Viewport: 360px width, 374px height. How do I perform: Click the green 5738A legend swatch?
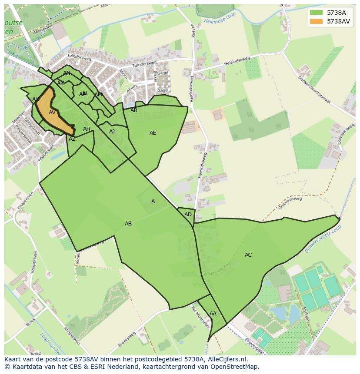click(316, 13)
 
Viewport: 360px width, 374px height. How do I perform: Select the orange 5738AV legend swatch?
click(316, 21)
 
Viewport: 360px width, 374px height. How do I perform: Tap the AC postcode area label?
click(248, 255)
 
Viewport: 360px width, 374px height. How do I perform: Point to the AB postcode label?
click(128, 224)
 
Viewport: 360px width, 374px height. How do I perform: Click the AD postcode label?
click(188, 215)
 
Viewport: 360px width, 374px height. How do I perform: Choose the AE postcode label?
click(153, 133)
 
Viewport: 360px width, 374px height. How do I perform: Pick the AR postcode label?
click(134, 110)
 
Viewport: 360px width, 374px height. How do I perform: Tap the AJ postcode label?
click(112, 132)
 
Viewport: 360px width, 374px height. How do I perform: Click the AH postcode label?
click(87, 129)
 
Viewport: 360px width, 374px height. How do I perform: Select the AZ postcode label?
click(72, 139)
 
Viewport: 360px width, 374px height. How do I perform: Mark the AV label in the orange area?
click(52, 113)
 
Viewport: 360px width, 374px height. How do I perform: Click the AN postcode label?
click(67, 73)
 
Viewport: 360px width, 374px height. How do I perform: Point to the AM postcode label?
click(98, 95)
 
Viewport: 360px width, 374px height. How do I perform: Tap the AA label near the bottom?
click(213, 314)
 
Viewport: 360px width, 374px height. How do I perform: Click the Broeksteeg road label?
click(127, 339)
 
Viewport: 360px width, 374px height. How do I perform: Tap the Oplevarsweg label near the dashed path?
click(290, 202)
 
